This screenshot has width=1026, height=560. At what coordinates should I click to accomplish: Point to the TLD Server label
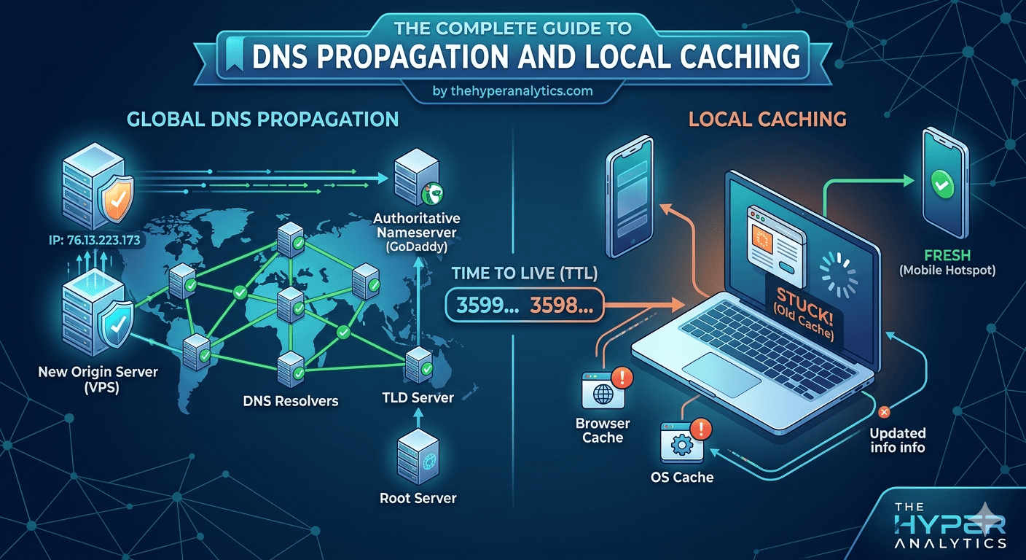pyautogui.click(x=418, y=397)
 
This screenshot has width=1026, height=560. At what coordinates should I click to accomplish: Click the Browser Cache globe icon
pyautogui.click(x=602, y=393)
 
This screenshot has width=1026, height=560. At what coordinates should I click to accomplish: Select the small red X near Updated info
pyautogui.click(x=885, y=413)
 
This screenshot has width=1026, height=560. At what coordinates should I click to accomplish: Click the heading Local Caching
pyautogui.click(x=767, y=118)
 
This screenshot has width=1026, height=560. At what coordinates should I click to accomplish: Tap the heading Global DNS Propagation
pyautogui.click(x=262, y=119)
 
